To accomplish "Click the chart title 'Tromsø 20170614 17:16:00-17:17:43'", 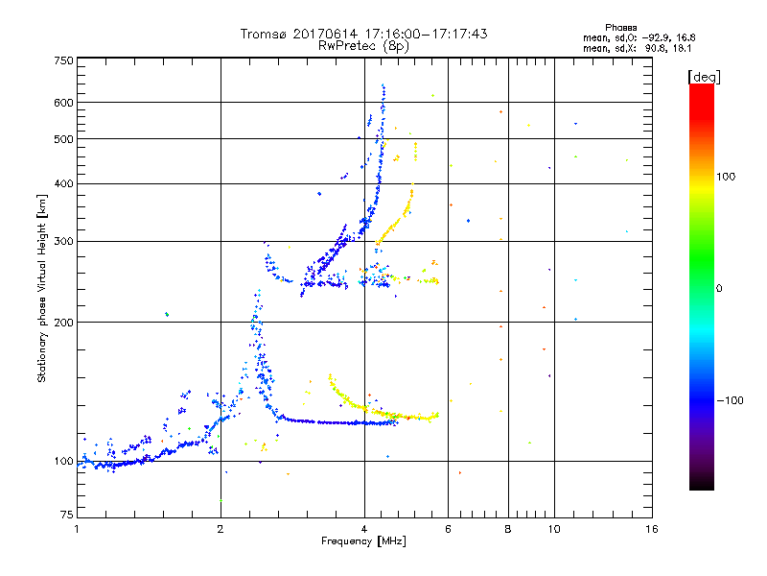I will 363,34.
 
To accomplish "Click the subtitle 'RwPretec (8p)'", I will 363,45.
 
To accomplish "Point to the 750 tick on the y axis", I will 64,60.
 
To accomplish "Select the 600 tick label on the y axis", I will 64,102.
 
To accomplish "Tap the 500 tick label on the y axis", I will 64,138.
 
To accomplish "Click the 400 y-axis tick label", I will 64,183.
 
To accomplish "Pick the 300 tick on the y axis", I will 64,241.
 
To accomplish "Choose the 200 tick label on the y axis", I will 64,322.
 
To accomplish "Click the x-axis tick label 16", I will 651,529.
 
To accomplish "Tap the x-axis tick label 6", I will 448,529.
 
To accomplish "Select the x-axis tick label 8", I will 508,529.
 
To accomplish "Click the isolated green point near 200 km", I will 167,314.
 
